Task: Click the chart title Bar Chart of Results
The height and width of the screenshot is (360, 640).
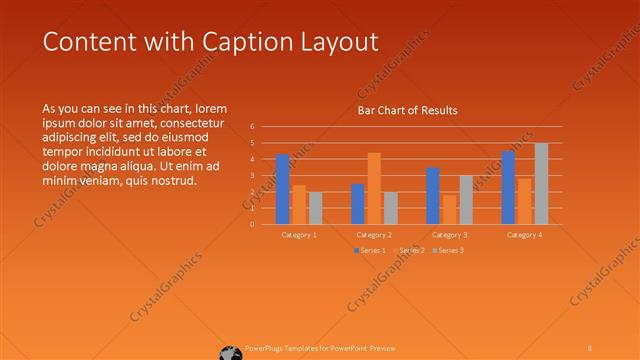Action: tap(407, 110)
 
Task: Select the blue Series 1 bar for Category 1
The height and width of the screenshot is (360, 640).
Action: tap(283, 189)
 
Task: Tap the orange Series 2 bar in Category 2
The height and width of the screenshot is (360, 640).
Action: tap(374, 188)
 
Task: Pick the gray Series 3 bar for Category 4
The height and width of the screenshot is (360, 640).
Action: tap(541, 183)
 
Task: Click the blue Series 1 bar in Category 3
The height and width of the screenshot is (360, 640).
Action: tap(433, 196)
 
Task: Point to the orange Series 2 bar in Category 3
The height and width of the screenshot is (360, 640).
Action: tap(449, 209)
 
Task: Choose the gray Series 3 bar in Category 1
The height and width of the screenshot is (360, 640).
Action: tap(316, 208)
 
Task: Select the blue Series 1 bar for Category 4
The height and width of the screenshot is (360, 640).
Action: tap(508, 187)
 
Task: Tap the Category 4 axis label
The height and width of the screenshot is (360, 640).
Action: tap(524, 234)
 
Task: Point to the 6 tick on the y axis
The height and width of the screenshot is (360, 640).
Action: tap(252, 127)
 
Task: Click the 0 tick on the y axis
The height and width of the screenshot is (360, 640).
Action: tap(252, 224)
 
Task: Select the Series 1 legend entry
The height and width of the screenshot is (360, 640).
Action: tap(372, 250)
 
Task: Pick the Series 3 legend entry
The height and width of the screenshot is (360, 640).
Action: tap(447, 250)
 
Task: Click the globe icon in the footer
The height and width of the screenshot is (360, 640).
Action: tap(231, 351)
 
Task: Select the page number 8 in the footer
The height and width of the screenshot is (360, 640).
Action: tap(590, 348)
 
